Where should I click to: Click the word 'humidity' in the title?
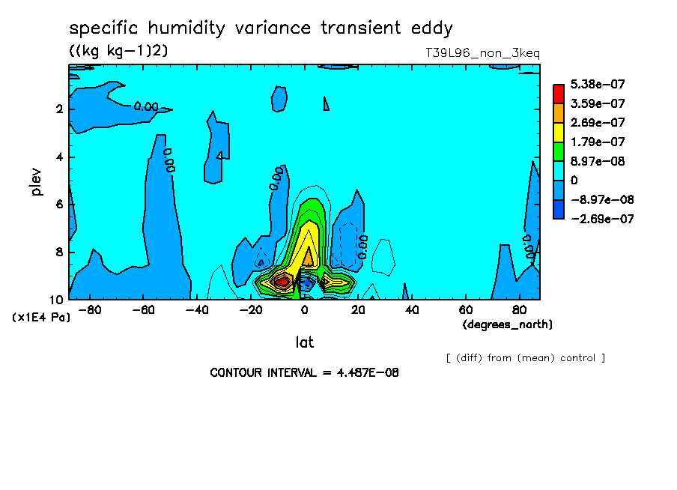(186, 28)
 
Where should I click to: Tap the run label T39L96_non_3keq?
(482, 53)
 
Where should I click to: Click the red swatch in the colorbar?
(558, 94)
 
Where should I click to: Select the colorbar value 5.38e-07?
(598, 84)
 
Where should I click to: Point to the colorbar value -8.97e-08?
(602, 199)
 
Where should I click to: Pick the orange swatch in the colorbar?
(558, 113)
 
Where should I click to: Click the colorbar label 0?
(574, 180)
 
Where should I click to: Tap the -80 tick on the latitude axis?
(90, 310)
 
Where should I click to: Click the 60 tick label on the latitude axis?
(466, 310)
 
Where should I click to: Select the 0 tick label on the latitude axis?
(304, 310)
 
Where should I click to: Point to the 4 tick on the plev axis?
(60, 157)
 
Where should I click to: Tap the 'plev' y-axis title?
(36, 181)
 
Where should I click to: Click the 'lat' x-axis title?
(304, 342)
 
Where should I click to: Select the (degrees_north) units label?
(507, 324)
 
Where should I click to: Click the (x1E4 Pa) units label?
(41, 318)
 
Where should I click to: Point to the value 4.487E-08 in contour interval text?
(368, 372)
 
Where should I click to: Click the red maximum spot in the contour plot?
(282, 282)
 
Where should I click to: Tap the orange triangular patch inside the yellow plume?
(309, 258)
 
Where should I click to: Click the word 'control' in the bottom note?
(577, 358)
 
